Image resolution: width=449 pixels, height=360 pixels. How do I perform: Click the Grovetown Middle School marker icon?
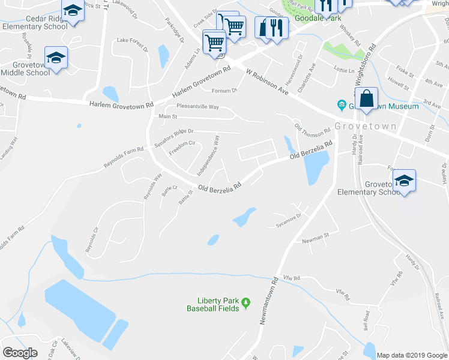[x=56, y=58]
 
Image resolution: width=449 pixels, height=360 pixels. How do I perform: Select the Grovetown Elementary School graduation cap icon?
[x=405, y=181]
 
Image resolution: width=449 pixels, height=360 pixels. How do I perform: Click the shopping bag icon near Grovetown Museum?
[x=366, y=98]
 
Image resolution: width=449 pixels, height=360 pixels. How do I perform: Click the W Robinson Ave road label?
[x=268, y=80]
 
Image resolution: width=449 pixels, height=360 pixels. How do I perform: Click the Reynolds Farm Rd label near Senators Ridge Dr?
[x=124, y=157]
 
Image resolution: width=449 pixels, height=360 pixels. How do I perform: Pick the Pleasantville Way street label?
[x=197, y=107]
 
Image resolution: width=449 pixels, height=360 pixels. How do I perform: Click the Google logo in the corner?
[x=20, y=353]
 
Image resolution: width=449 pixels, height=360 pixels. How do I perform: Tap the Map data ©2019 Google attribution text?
[x=411, y=355]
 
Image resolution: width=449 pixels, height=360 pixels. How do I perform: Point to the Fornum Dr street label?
[x=225, y=91]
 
